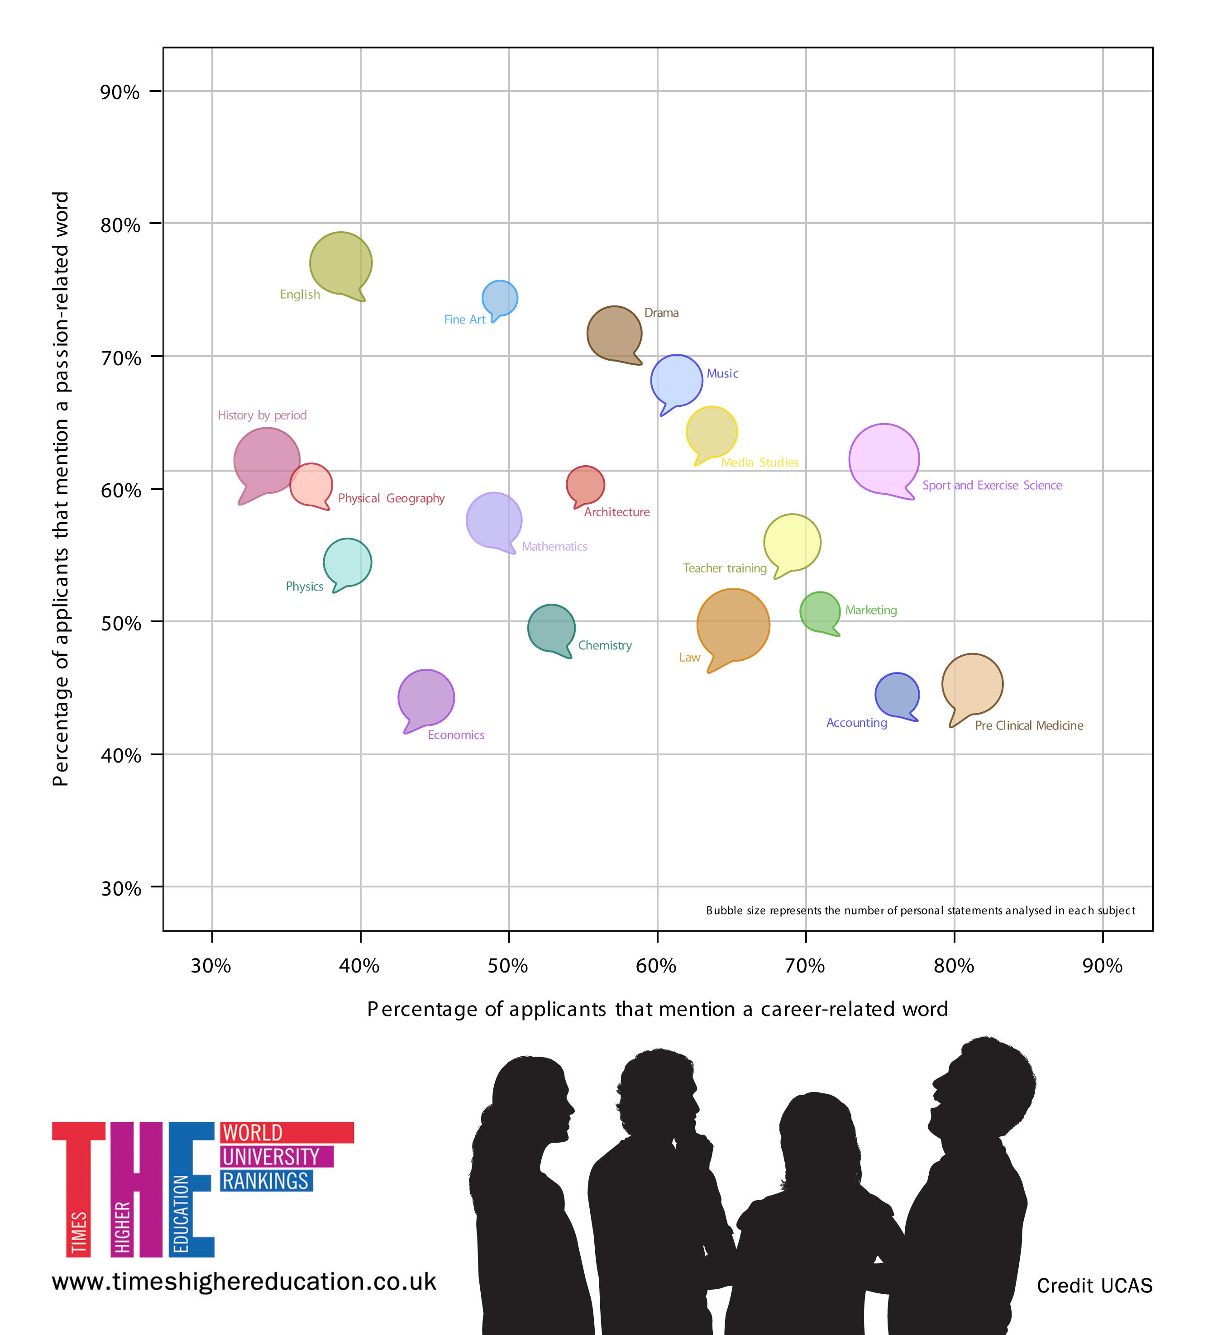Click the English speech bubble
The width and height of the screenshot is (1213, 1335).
pyautogui.click(x=340, y=263)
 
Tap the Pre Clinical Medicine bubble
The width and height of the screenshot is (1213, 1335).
pyautogui.click(x=972, y=684)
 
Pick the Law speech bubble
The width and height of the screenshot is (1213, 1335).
pyautogui.click(x=733, y=625)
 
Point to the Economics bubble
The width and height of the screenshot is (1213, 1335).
pyautogui.click(x=426, y=697)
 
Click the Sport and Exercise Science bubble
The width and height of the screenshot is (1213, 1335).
pyautogui.click(x=884, y=459)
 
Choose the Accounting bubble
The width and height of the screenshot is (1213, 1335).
pyautogui.click(x=897, y=695)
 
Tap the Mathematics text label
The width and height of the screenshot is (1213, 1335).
pyautogui.click(x=554, y=546)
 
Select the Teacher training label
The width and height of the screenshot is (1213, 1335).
pyautogui.click(x=724, y=568)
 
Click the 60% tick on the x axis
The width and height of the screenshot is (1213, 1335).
pyautogui.click(x=657, y=936)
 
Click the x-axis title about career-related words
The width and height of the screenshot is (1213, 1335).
pyautogui.click(x=657, y=1009)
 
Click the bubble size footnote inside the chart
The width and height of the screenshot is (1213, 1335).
pyautogui.click(x=920, y=911)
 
